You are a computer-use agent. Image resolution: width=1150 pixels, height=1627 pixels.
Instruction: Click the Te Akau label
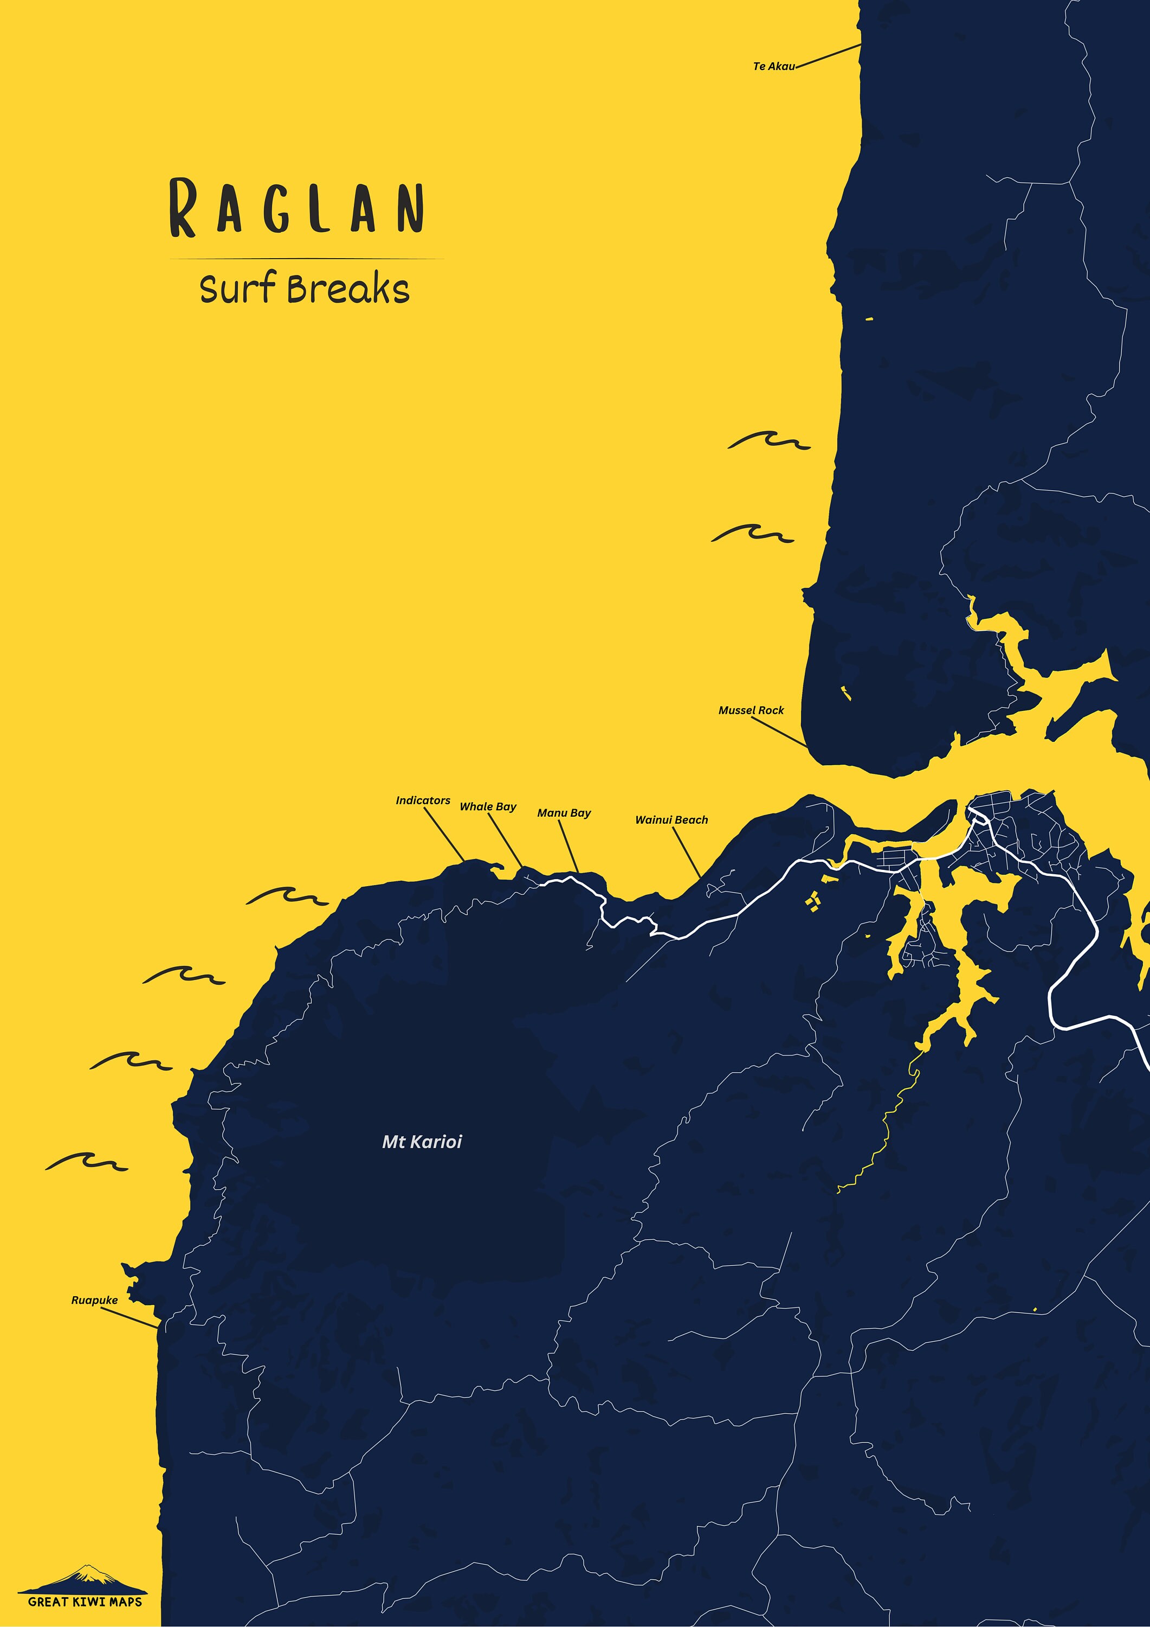point(773,67)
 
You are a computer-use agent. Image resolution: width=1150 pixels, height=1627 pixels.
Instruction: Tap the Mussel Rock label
point(751,710)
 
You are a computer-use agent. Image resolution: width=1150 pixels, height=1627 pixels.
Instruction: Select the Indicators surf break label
point(423,800)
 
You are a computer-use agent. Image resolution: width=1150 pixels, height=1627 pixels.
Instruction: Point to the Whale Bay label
point(488,806)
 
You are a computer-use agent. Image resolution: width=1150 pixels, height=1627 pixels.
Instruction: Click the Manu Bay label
point(564,813)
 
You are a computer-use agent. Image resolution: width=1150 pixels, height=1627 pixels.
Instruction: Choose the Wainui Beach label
point(671,820)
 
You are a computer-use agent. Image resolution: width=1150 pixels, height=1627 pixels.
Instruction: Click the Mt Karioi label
point(422,1142)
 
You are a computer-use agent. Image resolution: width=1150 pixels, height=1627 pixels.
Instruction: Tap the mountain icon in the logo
point(85,1574)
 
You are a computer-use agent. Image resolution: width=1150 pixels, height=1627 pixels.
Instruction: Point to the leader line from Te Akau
point(829,56)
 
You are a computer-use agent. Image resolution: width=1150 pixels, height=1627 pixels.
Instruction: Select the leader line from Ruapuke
point(130,1318)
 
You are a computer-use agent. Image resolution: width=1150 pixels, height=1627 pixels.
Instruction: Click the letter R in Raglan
point(183,208)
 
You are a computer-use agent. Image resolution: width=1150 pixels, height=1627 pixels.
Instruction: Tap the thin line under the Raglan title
point(306,259)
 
